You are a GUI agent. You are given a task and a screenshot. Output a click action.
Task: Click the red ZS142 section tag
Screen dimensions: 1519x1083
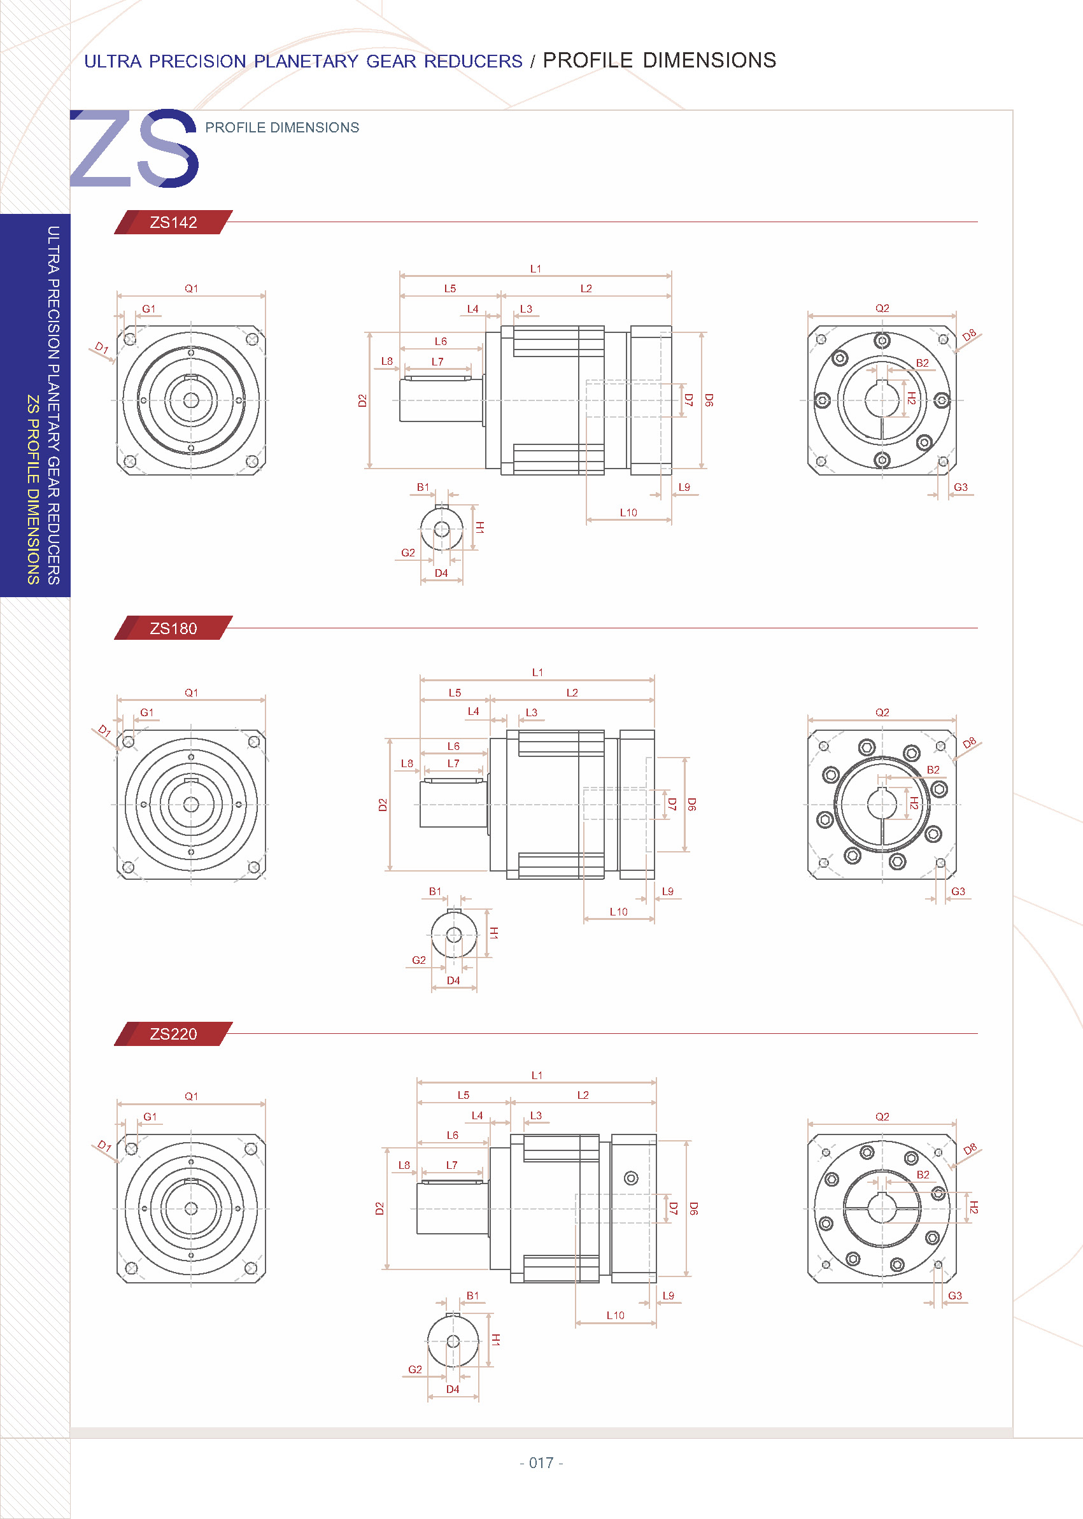pyautogui.click(x=173, y=222)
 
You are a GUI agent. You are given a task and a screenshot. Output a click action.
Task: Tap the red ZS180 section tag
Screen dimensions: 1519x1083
pyautogui.click(x=173, y=628)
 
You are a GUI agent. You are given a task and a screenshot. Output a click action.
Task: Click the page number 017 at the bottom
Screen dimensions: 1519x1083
pyautogui.click(x=541, y=1463)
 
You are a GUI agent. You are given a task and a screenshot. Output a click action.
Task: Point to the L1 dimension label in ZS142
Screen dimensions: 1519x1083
pyautogui.click(x=535, y=269)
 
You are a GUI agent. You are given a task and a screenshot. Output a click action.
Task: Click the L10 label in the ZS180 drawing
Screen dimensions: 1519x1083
pyautogui.click(x=618, y=912)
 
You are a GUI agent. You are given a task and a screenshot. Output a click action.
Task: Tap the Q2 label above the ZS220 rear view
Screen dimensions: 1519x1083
pyautogui.click(x=882, y=1116)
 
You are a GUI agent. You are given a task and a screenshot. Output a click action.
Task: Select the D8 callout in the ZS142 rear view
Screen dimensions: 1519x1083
pyautogui.click(x=969, y=334)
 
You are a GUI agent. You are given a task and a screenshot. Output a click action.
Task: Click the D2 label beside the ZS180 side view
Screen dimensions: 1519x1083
pyautogui.click(x=382, y=805)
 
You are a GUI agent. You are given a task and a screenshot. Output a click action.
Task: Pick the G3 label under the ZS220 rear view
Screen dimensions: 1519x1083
pyautogui.click(x=955, y=1296)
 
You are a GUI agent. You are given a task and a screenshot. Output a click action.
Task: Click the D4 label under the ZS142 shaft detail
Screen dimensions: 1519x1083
pyautogui.click(x=441, y=573)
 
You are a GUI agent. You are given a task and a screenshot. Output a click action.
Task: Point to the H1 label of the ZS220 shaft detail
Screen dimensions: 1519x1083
pyautogui.click(x=495, y=1339)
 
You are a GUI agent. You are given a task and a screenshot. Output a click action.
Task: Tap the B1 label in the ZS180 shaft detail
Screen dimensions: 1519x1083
pyautogui.click(x=435, y=891)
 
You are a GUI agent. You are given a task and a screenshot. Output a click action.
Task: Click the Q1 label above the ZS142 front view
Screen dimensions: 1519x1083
pyautogui.click(x=192, y=289)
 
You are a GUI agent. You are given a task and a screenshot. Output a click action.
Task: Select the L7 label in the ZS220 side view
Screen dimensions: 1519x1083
pyautogui.click(x=451, y=1165)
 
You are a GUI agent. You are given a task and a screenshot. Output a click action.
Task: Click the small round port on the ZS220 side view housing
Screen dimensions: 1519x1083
pyautogui.click(x=631, y=1178)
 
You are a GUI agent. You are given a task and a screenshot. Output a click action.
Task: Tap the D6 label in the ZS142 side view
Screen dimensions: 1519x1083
pyautogui.click(x=709, y=400)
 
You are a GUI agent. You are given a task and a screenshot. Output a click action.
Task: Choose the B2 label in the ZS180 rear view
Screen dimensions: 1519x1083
pyautogui.click(x=933, y=770)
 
